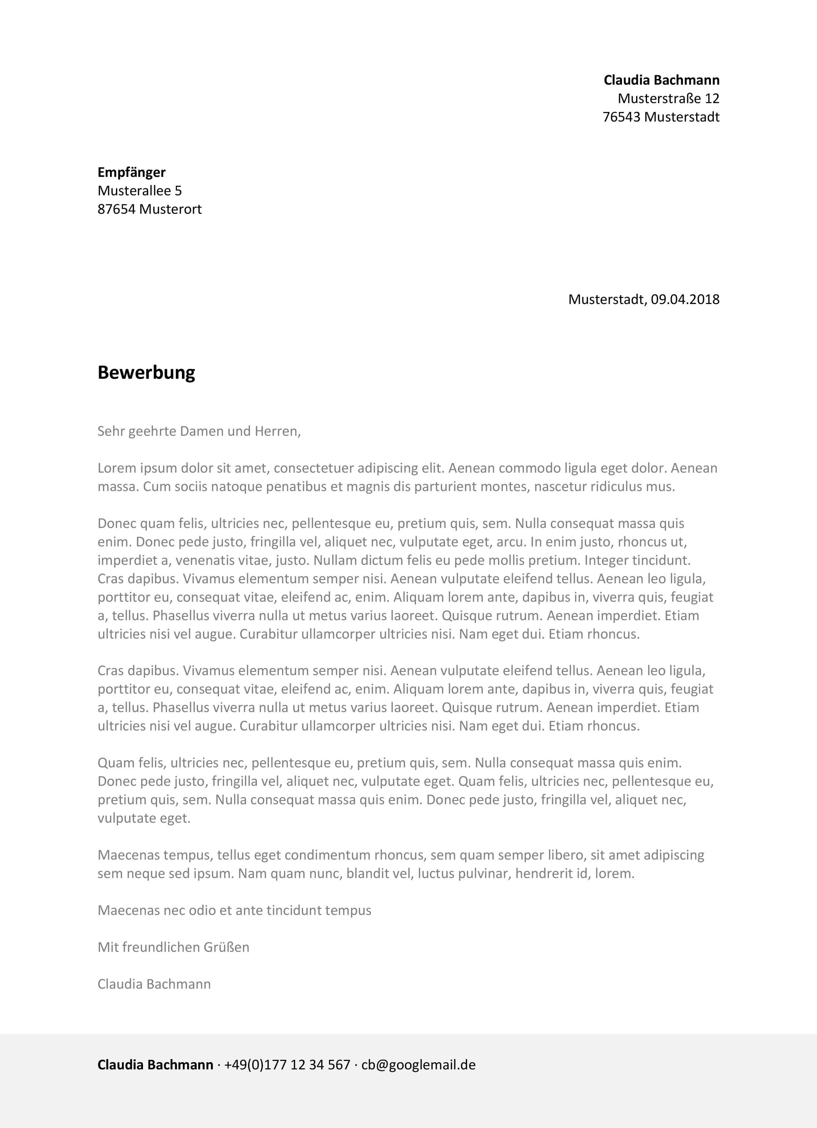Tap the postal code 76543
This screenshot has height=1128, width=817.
tap(621, 117)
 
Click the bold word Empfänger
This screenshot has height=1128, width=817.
tap(131, 172)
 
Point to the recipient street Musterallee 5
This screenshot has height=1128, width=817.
tap(139, 190)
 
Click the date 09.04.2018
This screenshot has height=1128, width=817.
tap(685, 299)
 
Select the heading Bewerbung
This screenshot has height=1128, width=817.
tap(146, 372)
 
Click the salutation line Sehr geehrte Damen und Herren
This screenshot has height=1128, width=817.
tap(199, 431)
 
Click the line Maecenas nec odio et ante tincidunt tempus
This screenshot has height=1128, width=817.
tap(234, 910)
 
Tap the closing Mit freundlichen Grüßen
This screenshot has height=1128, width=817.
tap(173, 947)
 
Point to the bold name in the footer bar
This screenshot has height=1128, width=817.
tap(155, 1065)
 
